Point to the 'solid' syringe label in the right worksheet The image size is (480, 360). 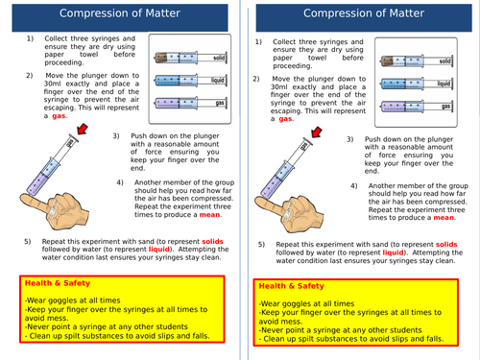(444, 60)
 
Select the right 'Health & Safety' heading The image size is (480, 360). (293, 286)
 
